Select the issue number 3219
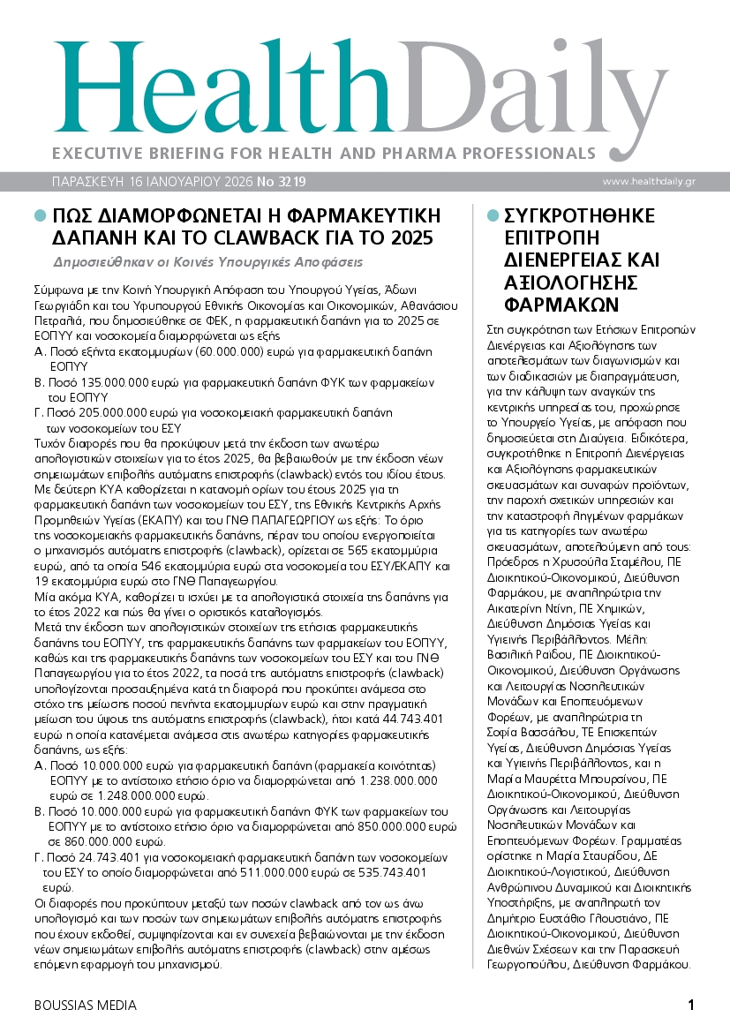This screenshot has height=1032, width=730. pyautogui.click(x=290, y=181)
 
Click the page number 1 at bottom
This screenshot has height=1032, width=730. pyautogui.click(x=691, y=1005)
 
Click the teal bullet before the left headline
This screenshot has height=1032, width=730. pyautogui.click(x=39, y=215)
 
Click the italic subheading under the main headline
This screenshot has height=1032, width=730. pyautogui.click(x=208, y=262)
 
